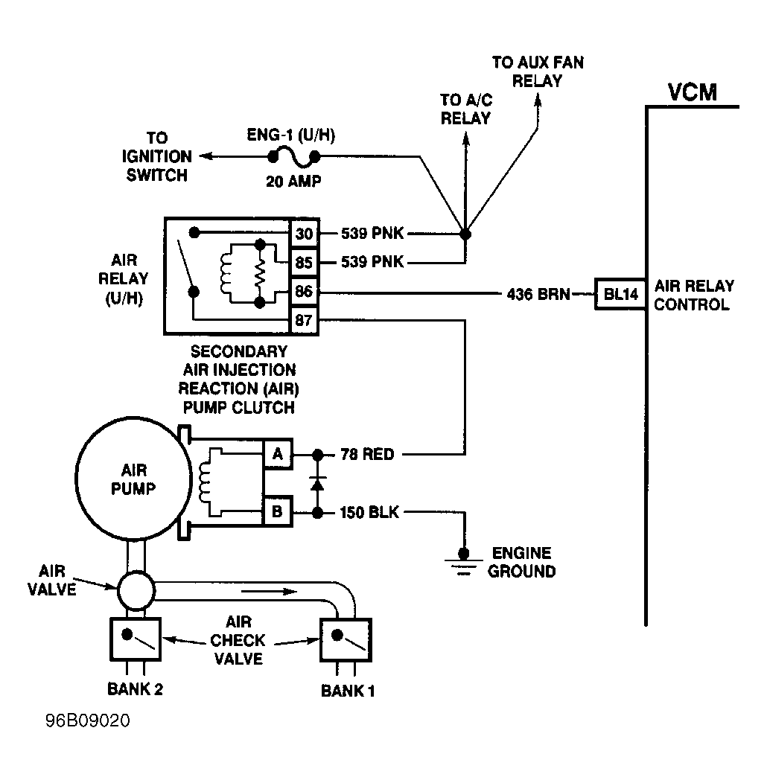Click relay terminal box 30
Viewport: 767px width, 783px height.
(305, 233)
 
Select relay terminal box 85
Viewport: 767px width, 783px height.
(305, 262)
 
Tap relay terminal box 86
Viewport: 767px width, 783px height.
(305, 290)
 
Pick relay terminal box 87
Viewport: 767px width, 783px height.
(305, 319)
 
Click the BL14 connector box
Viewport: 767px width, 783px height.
(620, 294)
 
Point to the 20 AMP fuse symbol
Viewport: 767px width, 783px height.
(294, 157)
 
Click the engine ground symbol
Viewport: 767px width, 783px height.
(464, 561)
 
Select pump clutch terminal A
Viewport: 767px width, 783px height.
(277, 454)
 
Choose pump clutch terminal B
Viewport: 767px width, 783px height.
(277, 511)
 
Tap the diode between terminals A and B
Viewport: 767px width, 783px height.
(317, 483)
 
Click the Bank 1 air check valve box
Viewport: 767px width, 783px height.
(346, 640)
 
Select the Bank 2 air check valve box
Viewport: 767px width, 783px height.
(136, 639)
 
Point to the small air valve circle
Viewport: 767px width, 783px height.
(136, 590)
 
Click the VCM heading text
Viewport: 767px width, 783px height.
(693, 92)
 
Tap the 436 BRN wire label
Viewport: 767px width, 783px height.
(538, 294)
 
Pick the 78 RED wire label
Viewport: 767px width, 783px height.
(367, 455)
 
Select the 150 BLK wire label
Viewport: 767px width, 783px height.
(370, 512)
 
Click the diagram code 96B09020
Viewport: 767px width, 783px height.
(88, 720)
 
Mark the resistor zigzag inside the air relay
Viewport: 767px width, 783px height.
(260, 274)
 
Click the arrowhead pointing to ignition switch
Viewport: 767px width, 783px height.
(206, 156)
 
